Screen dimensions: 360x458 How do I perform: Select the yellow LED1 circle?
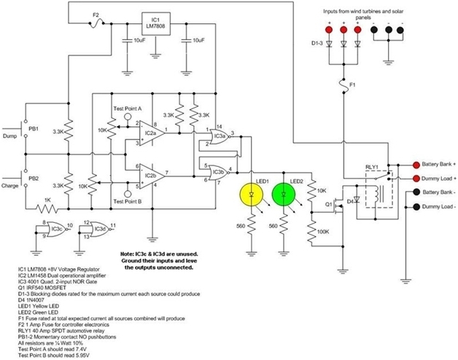[252, 195]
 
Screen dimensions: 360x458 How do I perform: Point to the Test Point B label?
[129, 201]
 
